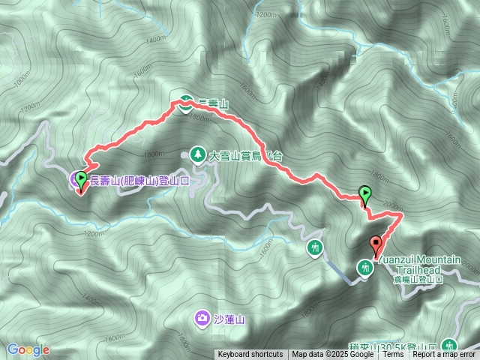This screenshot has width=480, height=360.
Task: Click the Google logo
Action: [28, 349]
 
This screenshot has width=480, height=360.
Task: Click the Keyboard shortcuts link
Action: [250, 355]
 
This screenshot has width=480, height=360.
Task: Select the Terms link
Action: [393, 355]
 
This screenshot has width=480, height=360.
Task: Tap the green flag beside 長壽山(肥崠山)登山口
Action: [81, 178]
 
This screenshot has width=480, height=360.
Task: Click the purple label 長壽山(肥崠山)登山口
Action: [138, 181]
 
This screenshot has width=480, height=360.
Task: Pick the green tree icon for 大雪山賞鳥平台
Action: [197, 154]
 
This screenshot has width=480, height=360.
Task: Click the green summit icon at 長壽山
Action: [184, 105]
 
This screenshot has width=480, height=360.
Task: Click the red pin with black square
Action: [376, 244]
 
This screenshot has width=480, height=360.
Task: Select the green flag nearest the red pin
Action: [365, 195]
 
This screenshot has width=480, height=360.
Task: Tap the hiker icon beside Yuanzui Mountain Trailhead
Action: [366, 267]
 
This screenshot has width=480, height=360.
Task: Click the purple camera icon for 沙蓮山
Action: [203, 319]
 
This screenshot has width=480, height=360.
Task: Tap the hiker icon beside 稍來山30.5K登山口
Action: [449, 346]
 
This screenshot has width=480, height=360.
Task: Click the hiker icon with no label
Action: [314, 247]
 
